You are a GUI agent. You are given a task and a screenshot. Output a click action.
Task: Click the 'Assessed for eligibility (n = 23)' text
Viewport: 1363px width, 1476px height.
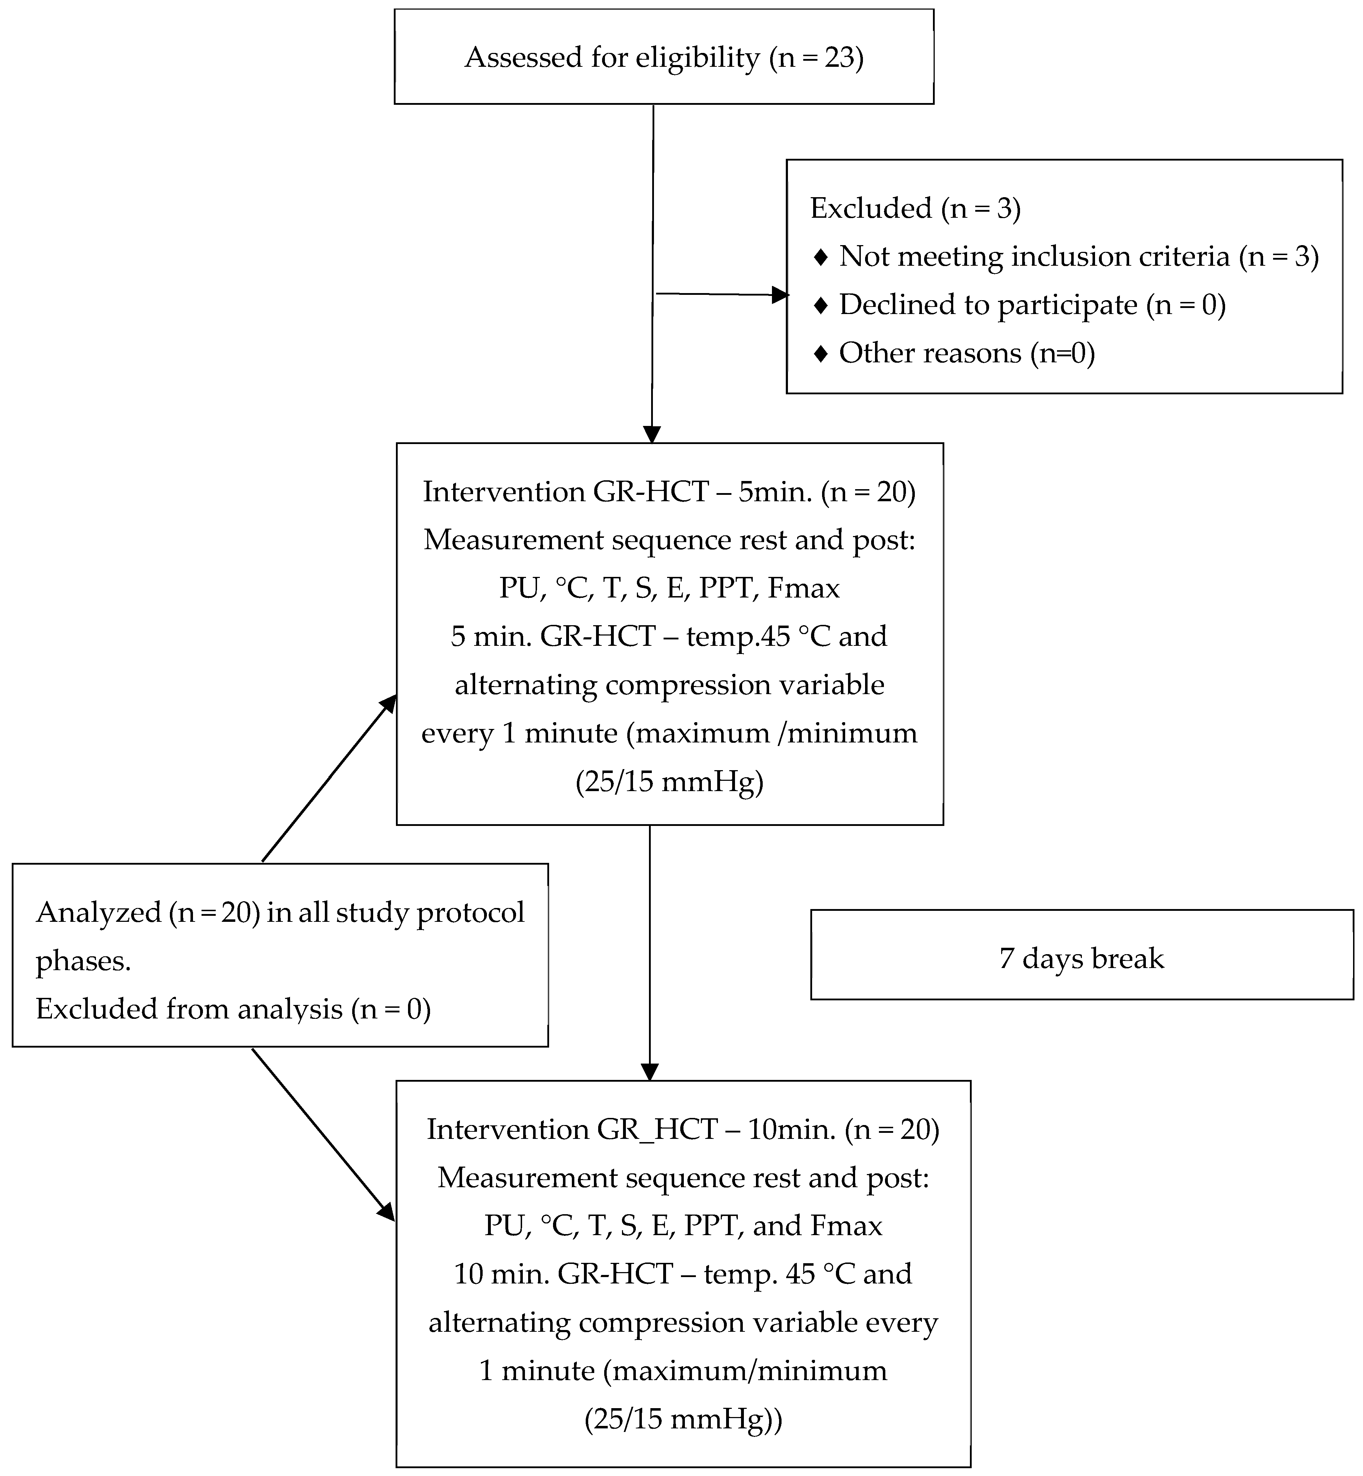point(664,58)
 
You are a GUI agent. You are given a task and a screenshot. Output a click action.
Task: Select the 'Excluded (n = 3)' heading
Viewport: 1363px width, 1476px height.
point(914,209)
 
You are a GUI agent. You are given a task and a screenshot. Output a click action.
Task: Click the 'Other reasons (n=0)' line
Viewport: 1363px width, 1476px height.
point(966,353)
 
